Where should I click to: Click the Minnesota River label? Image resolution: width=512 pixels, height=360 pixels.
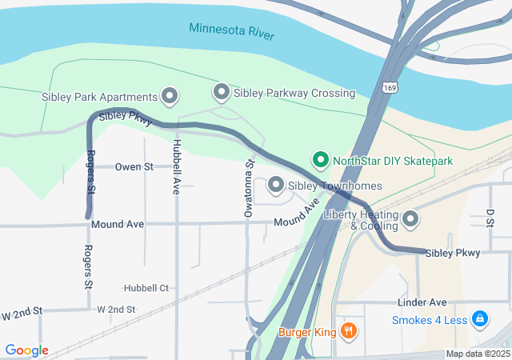click(231, 32)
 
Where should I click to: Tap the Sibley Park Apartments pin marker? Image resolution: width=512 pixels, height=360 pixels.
click(170, 97)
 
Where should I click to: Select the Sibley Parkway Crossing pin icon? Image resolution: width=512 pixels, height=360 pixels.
click(221, 93)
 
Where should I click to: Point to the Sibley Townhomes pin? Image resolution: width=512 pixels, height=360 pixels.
click(276, 186)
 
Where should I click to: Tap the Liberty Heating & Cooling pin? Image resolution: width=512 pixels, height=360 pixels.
click(410, 218)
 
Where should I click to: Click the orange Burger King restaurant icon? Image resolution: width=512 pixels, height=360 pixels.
click(348, 330)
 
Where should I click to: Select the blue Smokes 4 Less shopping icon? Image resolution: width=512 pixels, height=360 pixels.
click(480, 320)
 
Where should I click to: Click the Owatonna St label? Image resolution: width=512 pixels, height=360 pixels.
click(249, 188)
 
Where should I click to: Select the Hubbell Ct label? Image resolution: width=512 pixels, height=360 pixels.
click(146, 288)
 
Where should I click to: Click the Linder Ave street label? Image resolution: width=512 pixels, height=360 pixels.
click(422, 302)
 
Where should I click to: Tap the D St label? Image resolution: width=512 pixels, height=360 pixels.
click(490, 217)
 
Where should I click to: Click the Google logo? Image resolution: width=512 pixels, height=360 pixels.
click(26, 350)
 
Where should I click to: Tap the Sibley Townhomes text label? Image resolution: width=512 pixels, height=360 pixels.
click(334, 186)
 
